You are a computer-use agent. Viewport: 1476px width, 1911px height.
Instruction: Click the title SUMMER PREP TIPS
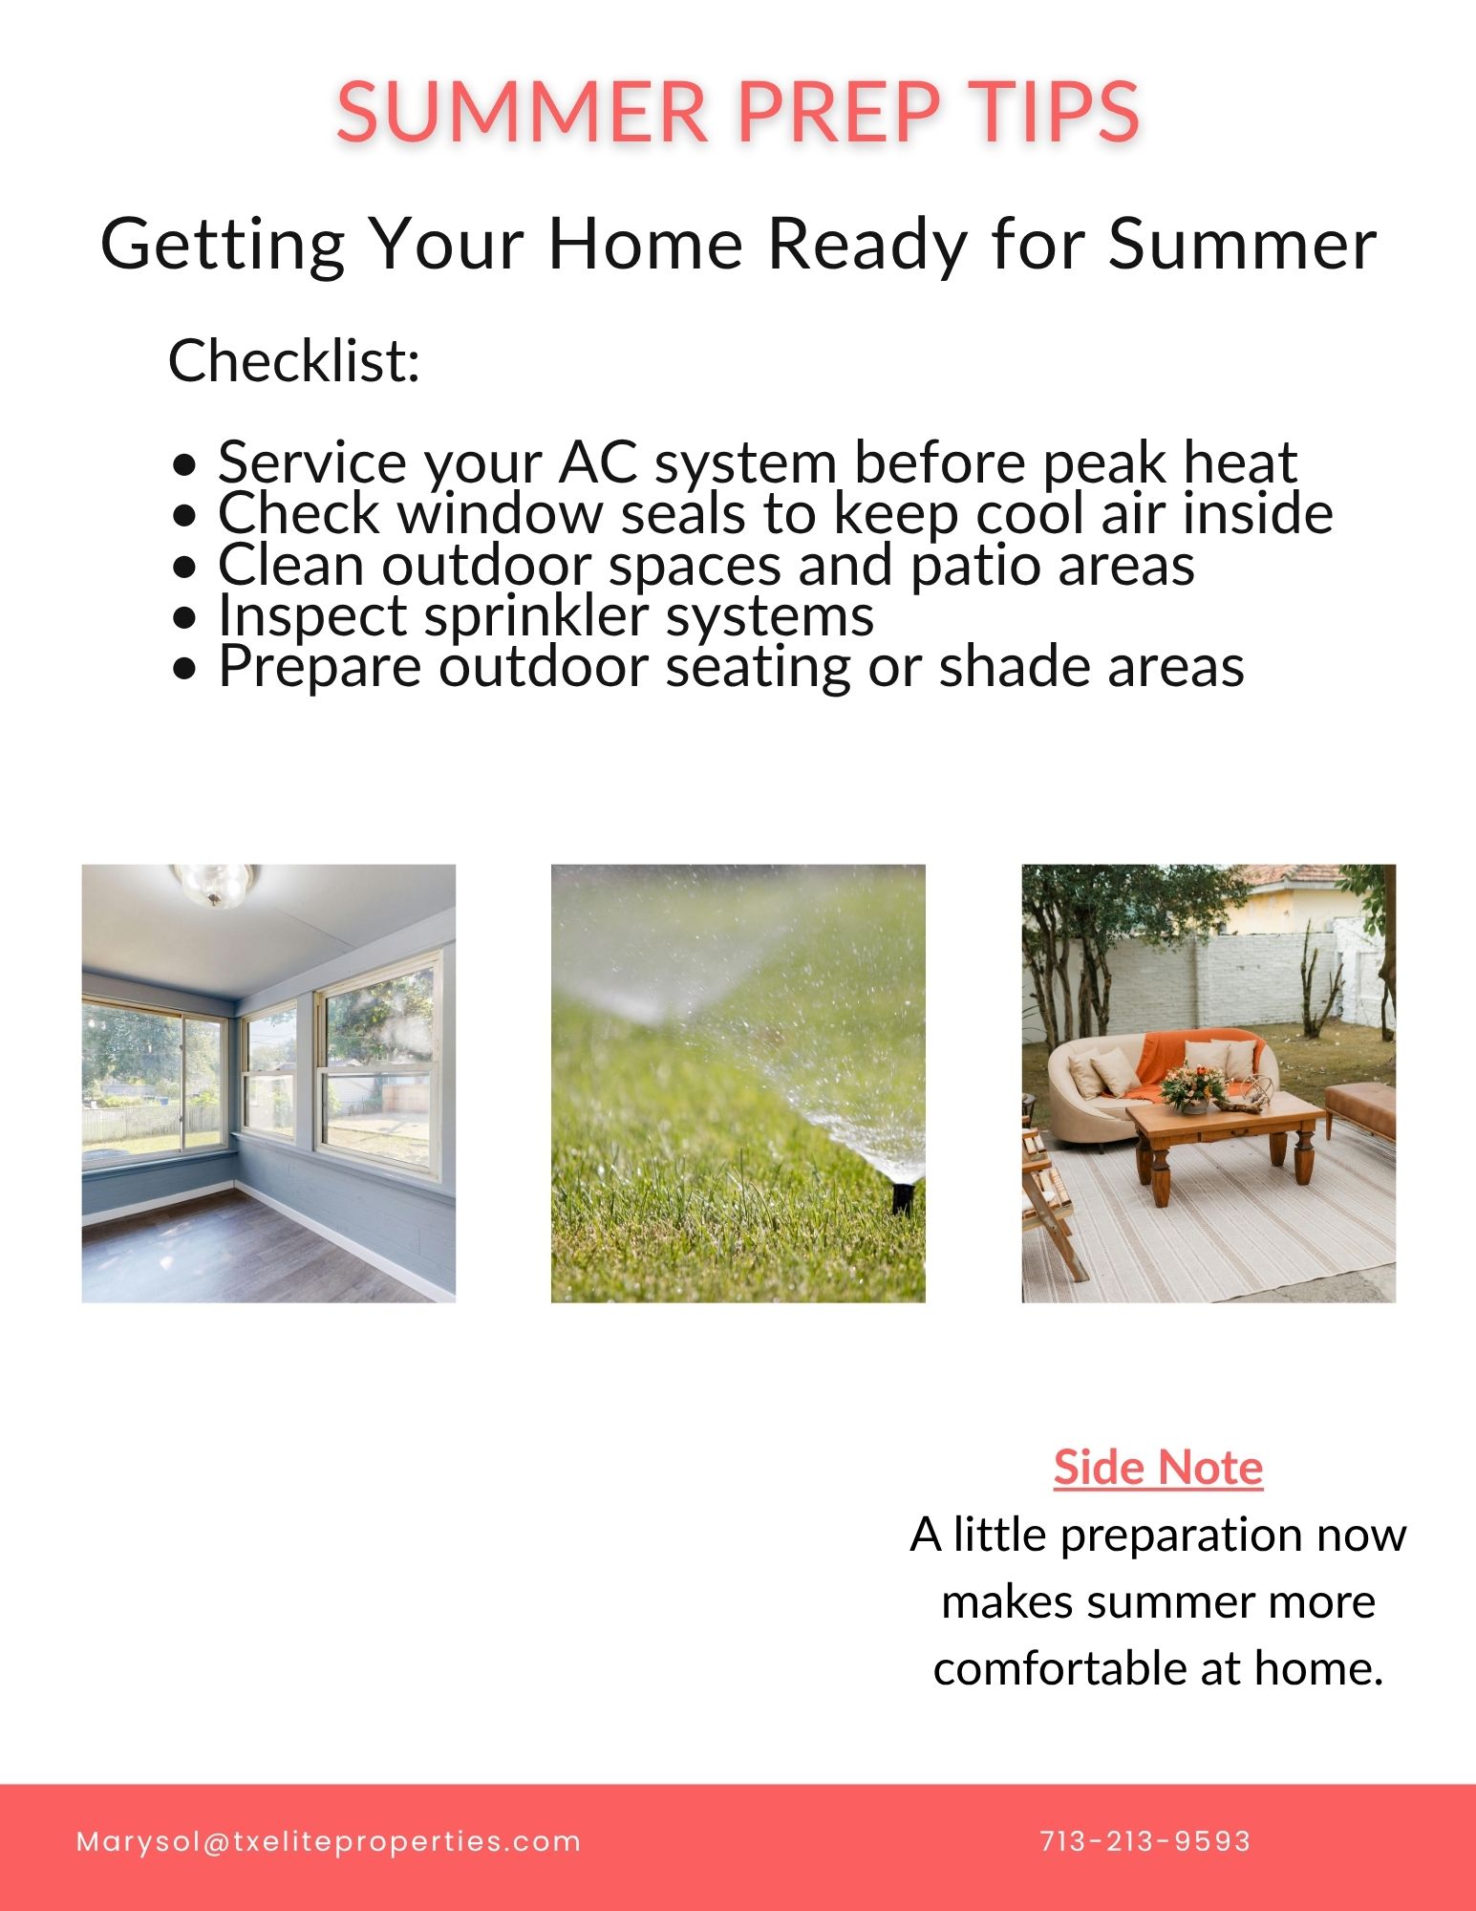point(738,111)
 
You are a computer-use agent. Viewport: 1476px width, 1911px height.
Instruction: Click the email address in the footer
point(329,1841)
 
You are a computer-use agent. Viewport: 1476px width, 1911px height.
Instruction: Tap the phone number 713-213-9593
point(1145,1841)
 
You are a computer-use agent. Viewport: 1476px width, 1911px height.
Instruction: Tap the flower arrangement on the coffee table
point(1193,1087)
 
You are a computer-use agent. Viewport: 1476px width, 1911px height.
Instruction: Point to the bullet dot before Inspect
point(185,618)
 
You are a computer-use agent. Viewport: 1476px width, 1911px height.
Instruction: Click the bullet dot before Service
point(185,465)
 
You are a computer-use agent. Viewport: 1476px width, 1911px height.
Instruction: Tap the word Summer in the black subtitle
point(1242,244)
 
